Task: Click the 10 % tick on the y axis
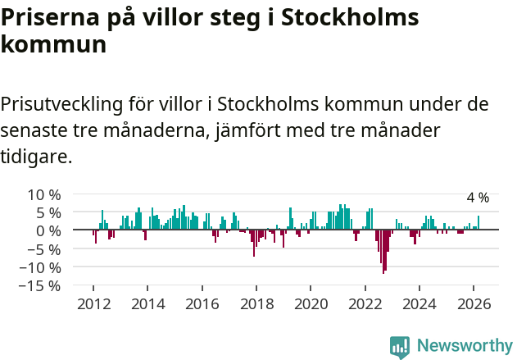point(44,194)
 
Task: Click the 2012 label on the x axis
point(93,303)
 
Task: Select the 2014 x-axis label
point(147,303)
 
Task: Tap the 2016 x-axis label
point(202,303)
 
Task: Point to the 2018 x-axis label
point(256,303)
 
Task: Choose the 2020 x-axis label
point(311,303)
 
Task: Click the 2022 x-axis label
point(365,303)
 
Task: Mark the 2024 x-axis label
point(419,303)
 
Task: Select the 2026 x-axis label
point(474,303)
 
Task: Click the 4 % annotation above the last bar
point(478,198)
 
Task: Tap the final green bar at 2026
point(478,223)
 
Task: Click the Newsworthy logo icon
point(399,346)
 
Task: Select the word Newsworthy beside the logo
point(465,346)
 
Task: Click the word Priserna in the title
point(51,19)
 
